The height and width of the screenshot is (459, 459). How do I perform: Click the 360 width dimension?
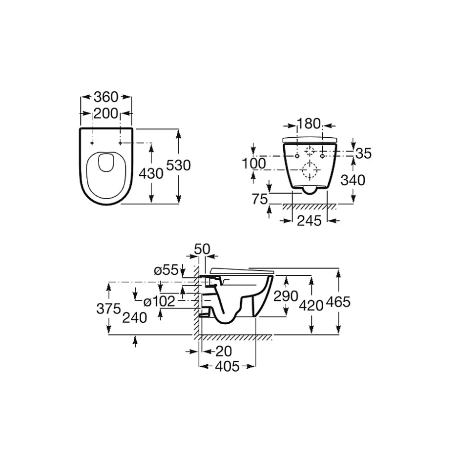(x=106, y=97)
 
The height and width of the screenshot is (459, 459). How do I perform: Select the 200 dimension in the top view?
(x=105, y=114)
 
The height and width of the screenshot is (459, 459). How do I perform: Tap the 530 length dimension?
(x=178, y=166)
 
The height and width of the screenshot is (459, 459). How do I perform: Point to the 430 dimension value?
(x=151, y=174)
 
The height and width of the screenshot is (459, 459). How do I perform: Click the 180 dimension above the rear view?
(x=309, y=124)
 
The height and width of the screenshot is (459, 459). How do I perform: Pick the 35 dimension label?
(x=363, y=153)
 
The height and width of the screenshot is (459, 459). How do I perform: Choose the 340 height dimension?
(x=353, y=180)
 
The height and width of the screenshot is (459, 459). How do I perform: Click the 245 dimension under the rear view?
(x=309, y=221)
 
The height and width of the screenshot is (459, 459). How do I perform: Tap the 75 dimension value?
(x=260, y=199)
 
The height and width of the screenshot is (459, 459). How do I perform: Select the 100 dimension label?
(x=254, y=164)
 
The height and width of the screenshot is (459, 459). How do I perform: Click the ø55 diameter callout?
(x=166, y=270)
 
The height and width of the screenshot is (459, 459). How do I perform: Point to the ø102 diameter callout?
(x=159, y=301)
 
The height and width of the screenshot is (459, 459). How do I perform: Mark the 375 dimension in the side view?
(x=108, y=309)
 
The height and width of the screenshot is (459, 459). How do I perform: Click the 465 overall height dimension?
(x=338, y=302)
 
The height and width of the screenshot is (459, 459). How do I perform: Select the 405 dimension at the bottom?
(x=227, y=367)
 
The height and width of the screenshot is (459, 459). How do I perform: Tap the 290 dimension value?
(x=286, y=296)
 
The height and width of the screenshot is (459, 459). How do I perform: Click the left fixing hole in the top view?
(x=92, y=143)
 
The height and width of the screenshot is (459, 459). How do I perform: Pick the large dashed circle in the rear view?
(x=310, y=170)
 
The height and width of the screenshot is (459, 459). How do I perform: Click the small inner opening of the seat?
(x=106, y=163)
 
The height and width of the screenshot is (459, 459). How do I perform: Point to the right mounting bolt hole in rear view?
(x=322, y=156)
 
